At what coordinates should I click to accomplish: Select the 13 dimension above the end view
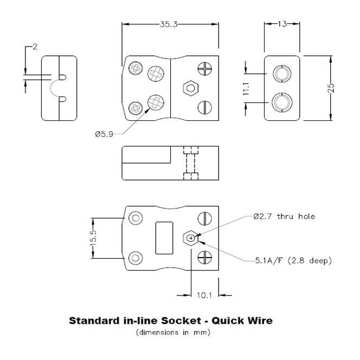pos(282,24)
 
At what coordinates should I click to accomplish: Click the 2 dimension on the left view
pos(35,47)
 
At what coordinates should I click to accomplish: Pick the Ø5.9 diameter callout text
pos(104,134)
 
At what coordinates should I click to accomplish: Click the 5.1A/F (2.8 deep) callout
pos(293,261)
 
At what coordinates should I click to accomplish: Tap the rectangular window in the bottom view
pos(164,237)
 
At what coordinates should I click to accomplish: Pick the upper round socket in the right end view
pos(282,73)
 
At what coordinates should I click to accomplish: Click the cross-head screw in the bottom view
pos(204,256)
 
